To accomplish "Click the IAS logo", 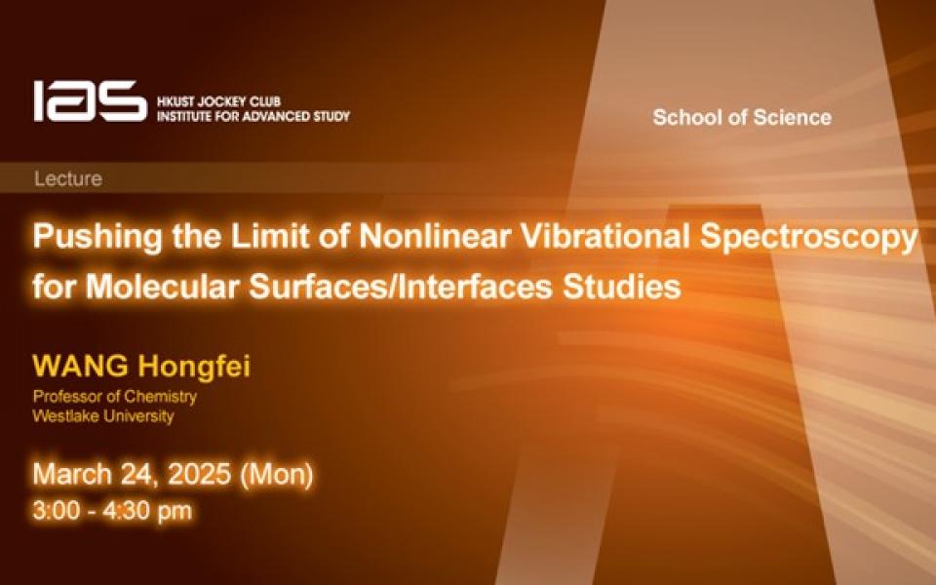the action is tap(90, 100).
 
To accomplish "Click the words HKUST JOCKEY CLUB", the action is tap(218, 101).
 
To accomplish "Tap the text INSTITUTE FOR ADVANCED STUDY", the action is tap(253, 116).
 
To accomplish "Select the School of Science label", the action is tap(742, 117).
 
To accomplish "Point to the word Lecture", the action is tap(68, 178).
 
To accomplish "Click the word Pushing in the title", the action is tap(97, 236).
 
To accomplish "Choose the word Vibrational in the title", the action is tap(605, 236).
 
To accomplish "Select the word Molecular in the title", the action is tap(162, 286).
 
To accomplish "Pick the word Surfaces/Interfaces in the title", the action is tap(400, 286).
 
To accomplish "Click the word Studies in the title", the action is tap(621, 286).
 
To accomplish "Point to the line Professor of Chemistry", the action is tap(115, 397).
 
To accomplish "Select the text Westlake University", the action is tap(103, 416).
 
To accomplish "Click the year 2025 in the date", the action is tap(199, 474).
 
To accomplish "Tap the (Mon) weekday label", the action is tap(276, 475).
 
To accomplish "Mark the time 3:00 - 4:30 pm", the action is tap(112, 511).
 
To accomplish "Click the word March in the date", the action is tap(72, 474).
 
